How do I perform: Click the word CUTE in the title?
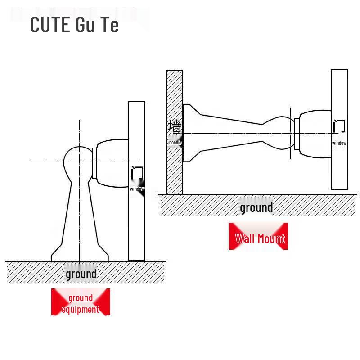[50, 24]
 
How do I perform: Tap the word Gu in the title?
[85, 24]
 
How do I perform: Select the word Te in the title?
[110, 24]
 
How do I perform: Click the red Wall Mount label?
[260, 238]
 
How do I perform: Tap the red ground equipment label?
[81, 303]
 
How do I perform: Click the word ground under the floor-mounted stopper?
[81, 274]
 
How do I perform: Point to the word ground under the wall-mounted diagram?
[256, 208]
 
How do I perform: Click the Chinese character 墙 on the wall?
[175, 126]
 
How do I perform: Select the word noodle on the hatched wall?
[175, 143]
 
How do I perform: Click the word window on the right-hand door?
[339, 143]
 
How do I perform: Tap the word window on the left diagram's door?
[137, 189]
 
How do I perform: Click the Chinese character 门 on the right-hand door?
[339, 126]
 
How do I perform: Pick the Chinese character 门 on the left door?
[137, 173]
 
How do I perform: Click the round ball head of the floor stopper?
[77, 162]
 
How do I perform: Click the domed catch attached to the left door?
[112, 163]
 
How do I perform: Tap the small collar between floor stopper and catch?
[94, 163]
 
